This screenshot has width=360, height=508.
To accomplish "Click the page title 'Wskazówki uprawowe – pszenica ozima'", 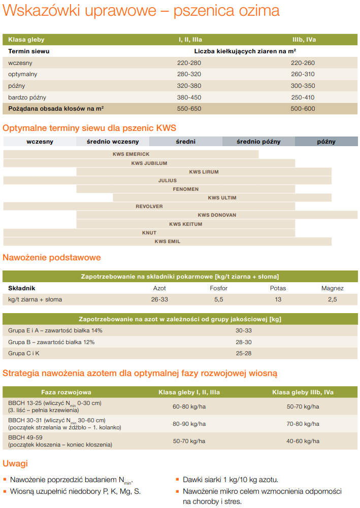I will [x=141, y=11].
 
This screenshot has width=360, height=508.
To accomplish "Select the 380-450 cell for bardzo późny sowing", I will [x=189, y=97].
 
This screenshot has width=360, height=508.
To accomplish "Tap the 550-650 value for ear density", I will [x=189, y=109].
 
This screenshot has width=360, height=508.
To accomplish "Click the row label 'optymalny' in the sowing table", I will [x=23, y=74].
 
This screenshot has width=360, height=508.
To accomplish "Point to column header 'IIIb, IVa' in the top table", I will [x=304, y=39].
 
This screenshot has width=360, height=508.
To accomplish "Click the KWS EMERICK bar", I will [x=131, y=154].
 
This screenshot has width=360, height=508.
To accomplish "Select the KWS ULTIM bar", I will [x=222, y=197].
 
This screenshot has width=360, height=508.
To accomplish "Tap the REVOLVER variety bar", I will [x=149, y=207].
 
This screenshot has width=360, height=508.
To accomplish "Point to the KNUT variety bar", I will [x=149, y=233].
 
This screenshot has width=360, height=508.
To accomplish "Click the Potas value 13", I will [x=278, y=299].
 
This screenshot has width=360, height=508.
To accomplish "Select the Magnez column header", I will [x=332, y=288].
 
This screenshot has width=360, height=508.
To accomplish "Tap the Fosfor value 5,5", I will [x=218, y=299].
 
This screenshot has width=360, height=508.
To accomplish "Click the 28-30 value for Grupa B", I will [x=244, y=342].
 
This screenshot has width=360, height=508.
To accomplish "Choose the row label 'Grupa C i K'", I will [x=24, y=353].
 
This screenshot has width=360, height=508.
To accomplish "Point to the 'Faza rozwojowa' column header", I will [x=66, y=392].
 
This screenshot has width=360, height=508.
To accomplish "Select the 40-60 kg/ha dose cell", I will [x=303, y=441].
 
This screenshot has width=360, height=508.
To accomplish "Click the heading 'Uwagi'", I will [x=15, y=463].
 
